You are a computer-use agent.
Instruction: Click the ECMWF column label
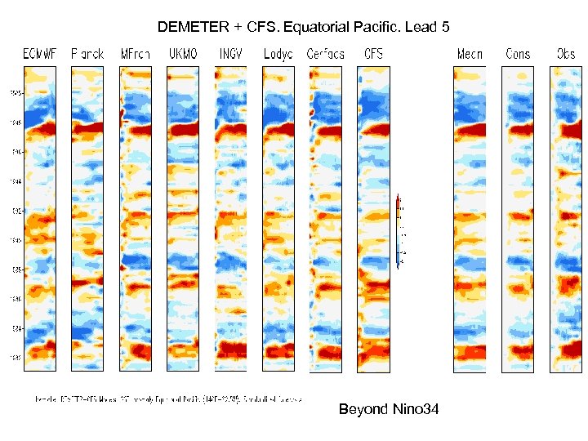click(x=39, y=54)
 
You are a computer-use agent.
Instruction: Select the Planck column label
click(x=87, y=54)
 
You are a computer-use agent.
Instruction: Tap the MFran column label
click(x=135, y=54)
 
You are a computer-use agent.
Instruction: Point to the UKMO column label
click(x=183, y=54)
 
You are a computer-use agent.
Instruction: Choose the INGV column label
click(x=230, y=54)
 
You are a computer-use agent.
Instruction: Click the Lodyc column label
click(x=278, y=54)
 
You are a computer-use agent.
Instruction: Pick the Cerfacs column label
click(x=325, y=54)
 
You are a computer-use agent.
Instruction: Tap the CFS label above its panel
click(x=373, y=54)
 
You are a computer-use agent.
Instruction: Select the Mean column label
click(x=470, y=54)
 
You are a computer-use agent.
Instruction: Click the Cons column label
click(x=518, y=54)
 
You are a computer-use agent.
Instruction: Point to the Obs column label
click(x=565, y=54)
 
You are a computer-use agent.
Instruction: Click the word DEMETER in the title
click(x=194, y=27)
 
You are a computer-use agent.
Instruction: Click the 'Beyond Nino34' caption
click(x=389, y=408)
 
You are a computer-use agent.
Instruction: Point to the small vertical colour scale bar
click(x=398, y=231)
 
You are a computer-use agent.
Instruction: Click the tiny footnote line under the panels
click(x=168, y=399)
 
